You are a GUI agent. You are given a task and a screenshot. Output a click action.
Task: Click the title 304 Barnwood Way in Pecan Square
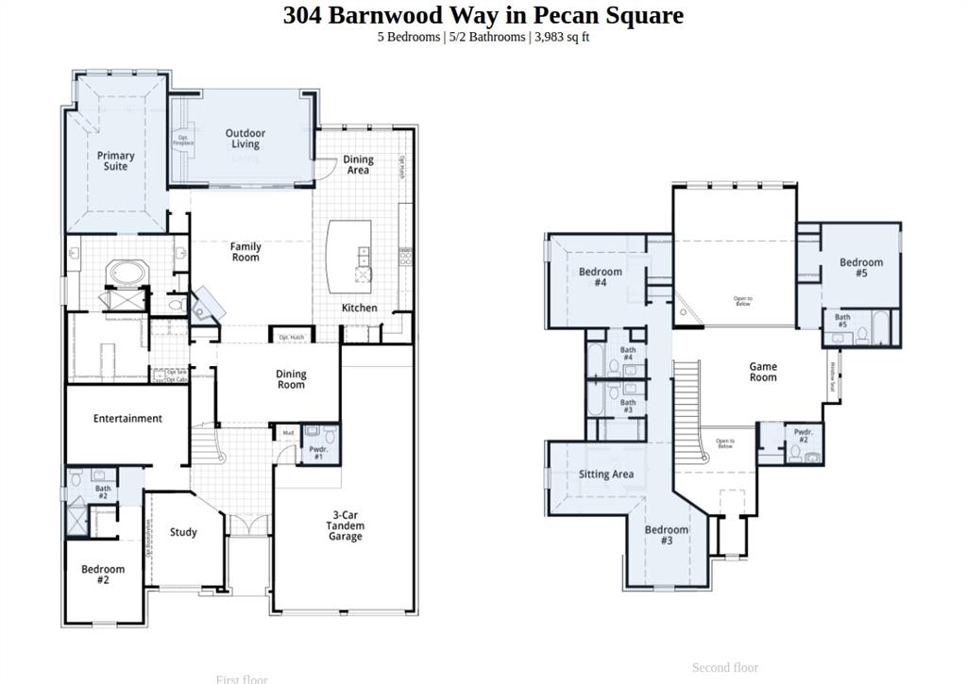(483, 15)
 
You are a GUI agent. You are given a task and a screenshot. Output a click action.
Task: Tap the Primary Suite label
(115, 161)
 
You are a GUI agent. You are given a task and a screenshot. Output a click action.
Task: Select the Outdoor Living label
(245, 139)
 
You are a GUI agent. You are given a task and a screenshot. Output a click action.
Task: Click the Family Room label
(246, 252)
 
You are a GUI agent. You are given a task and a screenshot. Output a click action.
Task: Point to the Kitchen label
(359, 308)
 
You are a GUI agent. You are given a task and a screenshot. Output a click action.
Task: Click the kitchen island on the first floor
(349, 256)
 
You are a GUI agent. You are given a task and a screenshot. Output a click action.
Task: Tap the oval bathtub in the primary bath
(126, 275)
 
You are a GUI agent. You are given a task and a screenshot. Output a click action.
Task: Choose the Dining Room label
(291, 379)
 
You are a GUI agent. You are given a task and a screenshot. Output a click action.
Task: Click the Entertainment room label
(127, 418)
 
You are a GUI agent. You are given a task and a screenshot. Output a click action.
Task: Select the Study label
(183, 532)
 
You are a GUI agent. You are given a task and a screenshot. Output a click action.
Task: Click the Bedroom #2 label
(102, 575)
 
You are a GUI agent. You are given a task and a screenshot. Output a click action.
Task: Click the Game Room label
(763, 372)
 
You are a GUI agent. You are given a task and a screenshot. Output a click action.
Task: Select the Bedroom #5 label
(861, 268)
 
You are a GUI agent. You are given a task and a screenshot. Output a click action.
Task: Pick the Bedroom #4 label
(600, 277)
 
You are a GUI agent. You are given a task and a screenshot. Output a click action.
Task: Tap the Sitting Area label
(606, 475)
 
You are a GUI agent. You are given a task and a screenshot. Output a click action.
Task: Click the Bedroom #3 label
(667, 535)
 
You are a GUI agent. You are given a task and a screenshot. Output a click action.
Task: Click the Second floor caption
(724, 667)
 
